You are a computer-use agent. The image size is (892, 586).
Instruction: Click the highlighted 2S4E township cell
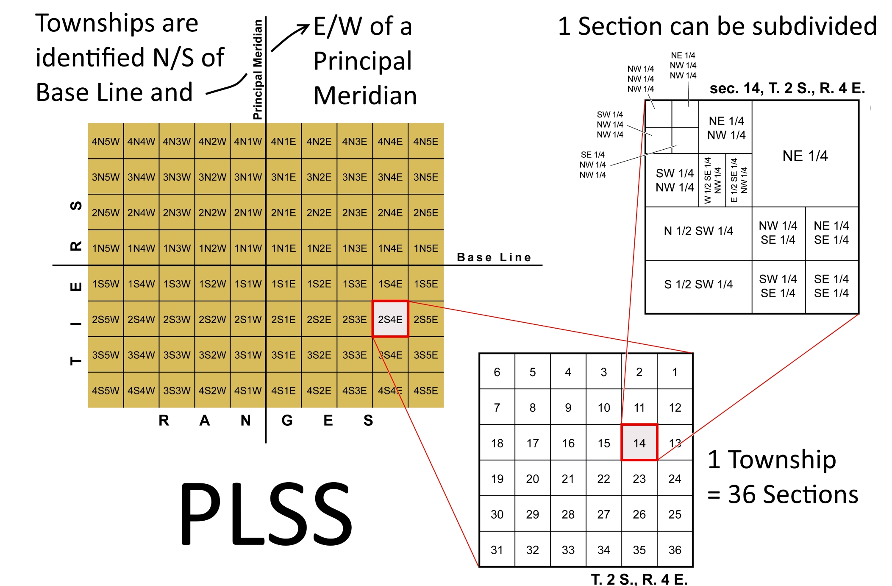pos(390,319)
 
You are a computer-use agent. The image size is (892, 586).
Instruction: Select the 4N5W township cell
pos(106,141)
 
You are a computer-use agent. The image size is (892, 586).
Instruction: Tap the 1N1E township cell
pos(283,248)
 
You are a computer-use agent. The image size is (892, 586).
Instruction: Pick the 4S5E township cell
pos(425,390)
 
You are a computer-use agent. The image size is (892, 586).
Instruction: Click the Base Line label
pos(494,257)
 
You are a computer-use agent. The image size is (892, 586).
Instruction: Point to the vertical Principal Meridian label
pos(258,70)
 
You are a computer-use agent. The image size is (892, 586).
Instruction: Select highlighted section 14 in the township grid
pos(639,443)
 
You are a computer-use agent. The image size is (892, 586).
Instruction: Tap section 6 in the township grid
pos(497,372)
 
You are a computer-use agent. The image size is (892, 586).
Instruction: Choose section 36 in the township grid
pos(675,550)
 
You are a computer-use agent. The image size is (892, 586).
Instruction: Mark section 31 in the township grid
pos(497,550)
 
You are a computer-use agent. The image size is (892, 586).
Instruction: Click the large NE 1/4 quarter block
pos(805,156)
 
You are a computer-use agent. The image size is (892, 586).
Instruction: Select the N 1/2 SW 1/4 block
pos(698,231)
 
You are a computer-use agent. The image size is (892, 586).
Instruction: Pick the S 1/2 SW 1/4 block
pos(698,284)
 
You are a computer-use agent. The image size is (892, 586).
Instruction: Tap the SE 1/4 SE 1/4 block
pos(831,286)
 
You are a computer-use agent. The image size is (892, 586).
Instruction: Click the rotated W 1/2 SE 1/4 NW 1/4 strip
pos(712,180)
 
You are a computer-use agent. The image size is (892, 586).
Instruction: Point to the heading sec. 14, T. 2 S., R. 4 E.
pos(787,88)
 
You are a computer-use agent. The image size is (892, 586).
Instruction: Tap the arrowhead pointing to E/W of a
pos(305,28)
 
